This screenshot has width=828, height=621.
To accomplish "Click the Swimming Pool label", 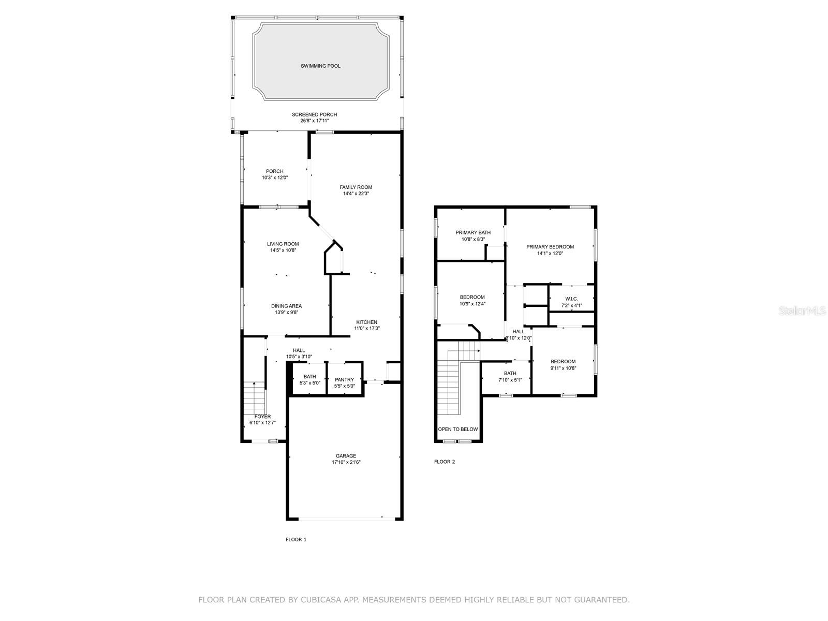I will coord(320,66).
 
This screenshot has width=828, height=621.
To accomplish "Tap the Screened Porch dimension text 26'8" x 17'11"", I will coord(315,121).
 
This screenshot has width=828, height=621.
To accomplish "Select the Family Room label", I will coord(356,187).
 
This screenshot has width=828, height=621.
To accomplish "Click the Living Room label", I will coord(283,244).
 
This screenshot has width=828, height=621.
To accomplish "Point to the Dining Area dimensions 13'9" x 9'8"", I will coord(286,312).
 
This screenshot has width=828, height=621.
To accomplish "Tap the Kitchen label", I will coord(366,322).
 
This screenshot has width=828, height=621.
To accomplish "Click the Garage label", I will coord(346,456).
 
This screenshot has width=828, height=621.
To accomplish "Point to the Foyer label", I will coord(262,417).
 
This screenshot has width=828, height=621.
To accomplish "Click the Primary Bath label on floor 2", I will coord(473,233).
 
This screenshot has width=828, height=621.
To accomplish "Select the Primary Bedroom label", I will coord(550,247).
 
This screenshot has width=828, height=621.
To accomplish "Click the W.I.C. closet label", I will coord(571,299).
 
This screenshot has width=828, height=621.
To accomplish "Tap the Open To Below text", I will coord(458,430).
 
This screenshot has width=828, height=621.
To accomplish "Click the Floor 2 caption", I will coord(444,462).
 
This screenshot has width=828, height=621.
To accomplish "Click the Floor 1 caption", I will coord(296,539).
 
